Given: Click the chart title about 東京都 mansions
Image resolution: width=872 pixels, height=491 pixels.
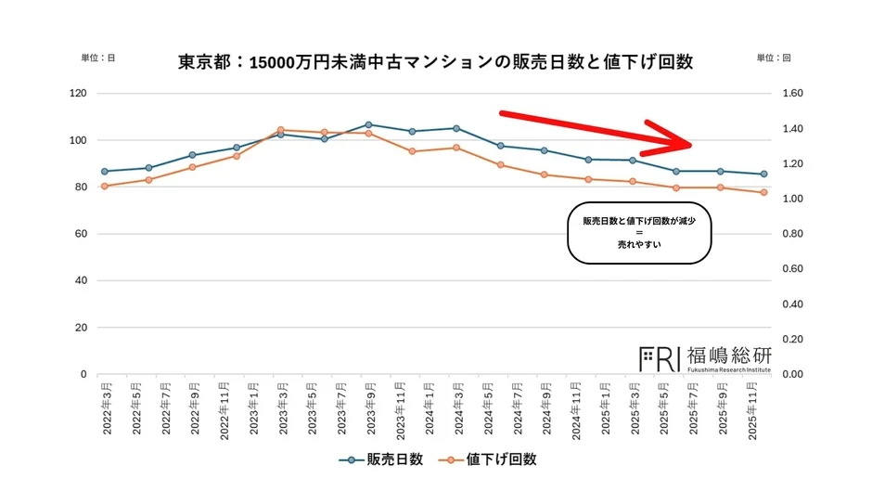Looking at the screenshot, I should (435, 62).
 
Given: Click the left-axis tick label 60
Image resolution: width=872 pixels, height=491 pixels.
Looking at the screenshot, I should (81, 234).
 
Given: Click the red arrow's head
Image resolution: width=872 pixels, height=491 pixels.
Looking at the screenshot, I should (682, 142).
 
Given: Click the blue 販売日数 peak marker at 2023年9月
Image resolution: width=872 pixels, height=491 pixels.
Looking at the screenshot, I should (368, 124).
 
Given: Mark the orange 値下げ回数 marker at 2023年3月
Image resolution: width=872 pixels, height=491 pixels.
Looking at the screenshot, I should (280, 130).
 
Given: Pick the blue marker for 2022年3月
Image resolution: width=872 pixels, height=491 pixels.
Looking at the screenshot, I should (105, 171).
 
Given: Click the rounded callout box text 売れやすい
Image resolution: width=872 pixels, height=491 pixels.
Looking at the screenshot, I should (638, 246).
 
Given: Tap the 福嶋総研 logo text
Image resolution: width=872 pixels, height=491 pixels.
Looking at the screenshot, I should (728, 355).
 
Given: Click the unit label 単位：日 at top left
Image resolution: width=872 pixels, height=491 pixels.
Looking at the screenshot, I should (98, 58).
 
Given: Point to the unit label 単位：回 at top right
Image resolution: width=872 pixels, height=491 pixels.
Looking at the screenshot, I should (773, 58).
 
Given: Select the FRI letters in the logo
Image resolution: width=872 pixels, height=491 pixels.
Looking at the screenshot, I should (660, 357).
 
